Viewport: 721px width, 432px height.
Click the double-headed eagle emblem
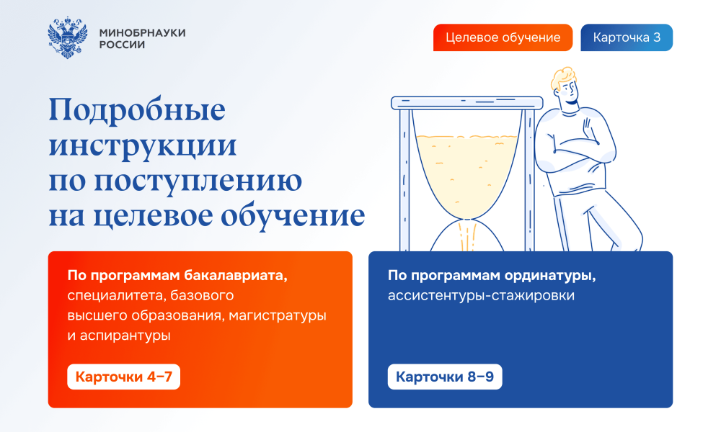coord(68,37)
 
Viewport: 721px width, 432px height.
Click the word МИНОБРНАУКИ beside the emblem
coord(143,32)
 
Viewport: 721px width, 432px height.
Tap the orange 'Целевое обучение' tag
coord(503,37)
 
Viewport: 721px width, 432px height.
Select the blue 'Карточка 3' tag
coord(627,37)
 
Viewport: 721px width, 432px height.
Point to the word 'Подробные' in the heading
coord(137,110)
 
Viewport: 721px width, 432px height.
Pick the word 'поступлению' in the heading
coord(198,181)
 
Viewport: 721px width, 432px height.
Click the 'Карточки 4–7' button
coord(124,377)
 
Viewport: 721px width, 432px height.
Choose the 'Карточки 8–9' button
coord(445,377)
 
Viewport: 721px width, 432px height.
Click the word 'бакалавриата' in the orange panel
coord(236,276)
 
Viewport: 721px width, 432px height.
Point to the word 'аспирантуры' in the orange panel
coord(125,336)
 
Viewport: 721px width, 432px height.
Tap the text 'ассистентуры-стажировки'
coord(481,295)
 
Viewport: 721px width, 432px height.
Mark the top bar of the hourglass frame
coord(466,103)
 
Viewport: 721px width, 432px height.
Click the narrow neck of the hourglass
coord(467,220)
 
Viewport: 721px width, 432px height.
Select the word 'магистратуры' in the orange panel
coord(278,316)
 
